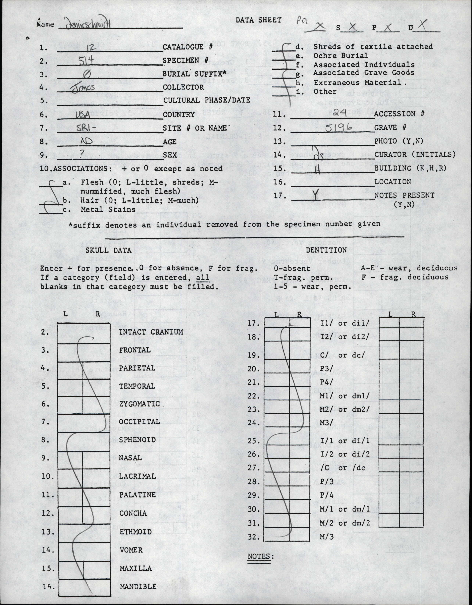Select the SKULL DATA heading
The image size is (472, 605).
[x=108, y=250]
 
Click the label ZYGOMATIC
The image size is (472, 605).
[x=140, y=404]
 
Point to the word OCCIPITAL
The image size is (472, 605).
[x=140, y=422]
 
